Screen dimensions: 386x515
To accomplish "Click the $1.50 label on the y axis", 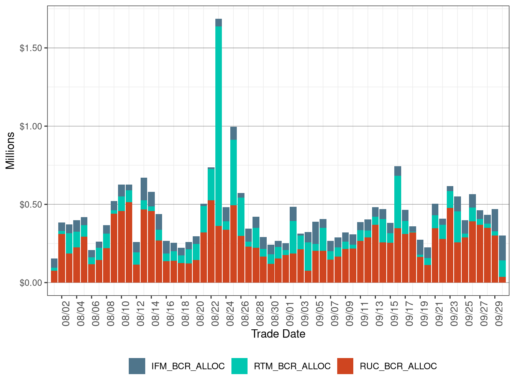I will click(31, 48).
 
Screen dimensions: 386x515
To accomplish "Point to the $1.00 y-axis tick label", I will click(31, 126).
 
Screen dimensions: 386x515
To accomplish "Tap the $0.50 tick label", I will click(31, 204).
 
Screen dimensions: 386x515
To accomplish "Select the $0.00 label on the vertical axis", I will click(31, 283).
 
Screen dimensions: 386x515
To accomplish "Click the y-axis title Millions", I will click(10, 150).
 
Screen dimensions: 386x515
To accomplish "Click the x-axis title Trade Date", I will click(278, 334).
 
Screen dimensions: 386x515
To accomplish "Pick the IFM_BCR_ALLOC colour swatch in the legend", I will click(137, 366).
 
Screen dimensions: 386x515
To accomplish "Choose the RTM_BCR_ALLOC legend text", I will click(292, 366).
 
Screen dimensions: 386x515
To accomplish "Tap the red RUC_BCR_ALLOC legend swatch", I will click(345, 366).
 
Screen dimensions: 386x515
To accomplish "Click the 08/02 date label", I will click(66, 313).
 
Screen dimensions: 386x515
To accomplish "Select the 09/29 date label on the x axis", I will click(499, 313).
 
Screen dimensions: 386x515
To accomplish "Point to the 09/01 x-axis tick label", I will click(290, 313).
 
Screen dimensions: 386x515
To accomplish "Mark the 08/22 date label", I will click(215, 313).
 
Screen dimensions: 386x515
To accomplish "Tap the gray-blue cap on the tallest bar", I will click(219, 23).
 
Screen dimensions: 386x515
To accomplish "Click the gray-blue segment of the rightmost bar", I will click(502, 248).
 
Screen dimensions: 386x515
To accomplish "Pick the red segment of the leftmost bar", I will click(54, 277).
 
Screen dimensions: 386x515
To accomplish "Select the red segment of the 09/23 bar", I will click(450, 245).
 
